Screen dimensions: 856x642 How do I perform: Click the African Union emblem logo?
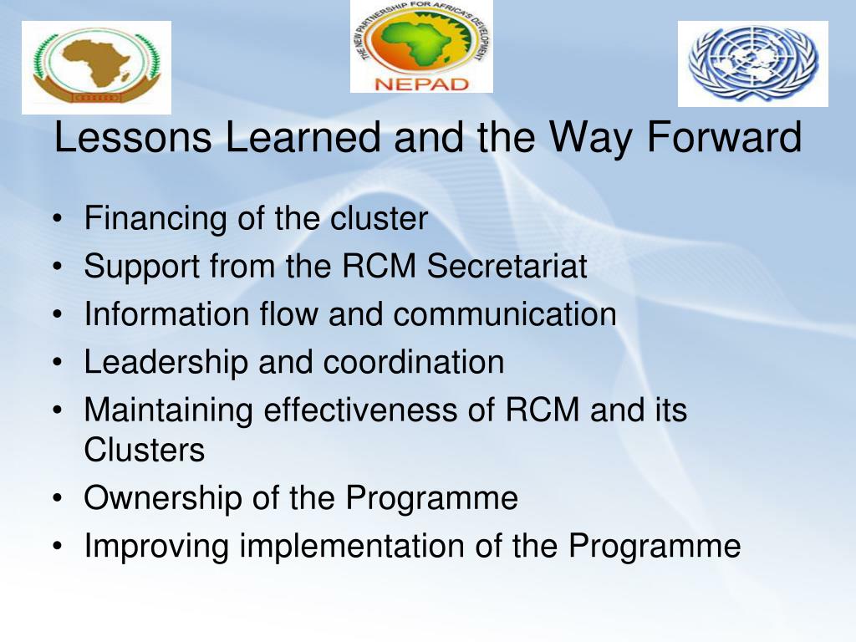coord(97,68)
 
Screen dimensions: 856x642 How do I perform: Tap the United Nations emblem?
coord(753,64)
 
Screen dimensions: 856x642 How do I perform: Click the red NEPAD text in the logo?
coord(421,84)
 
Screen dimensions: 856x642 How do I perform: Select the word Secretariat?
coord(507,267)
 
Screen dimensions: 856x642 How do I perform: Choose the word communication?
coord(504,314)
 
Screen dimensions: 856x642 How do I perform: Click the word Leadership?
coord(166,363)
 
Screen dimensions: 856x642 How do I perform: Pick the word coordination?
coord(414,363)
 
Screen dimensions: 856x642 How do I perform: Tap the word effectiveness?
coord(360,410)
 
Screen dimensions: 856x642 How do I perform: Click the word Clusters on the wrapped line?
coord(144,450)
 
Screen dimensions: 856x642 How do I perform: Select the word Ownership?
coord(162,498)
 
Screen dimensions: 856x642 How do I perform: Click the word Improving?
coord(156,547)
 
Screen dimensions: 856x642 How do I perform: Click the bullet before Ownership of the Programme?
coord(58,499)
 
